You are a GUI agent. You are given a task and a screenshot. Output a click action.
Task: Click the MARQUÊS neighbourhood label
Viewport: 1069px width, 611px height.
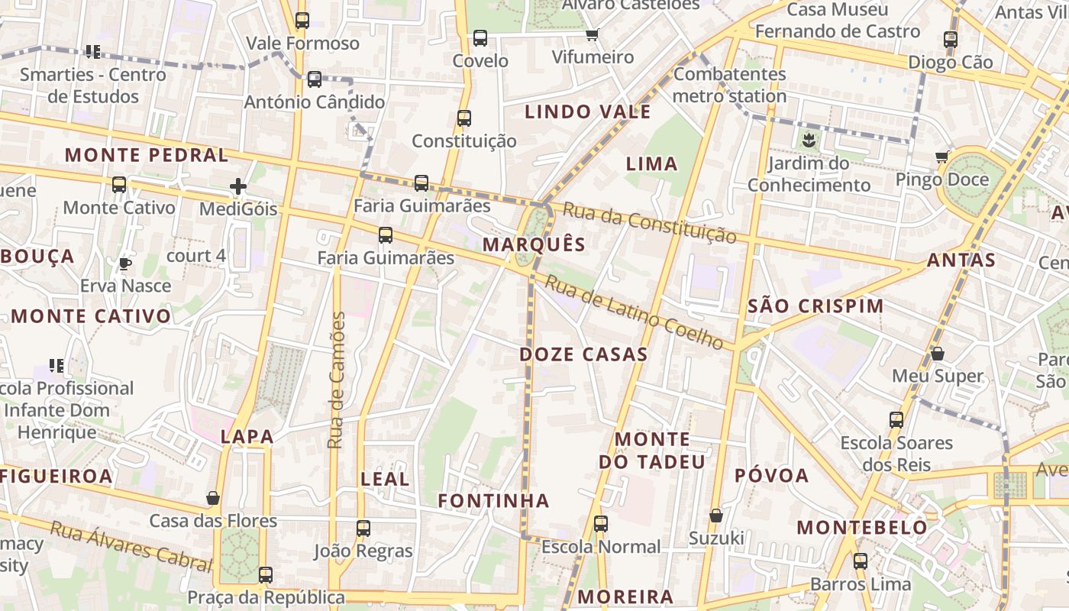pos(534,244)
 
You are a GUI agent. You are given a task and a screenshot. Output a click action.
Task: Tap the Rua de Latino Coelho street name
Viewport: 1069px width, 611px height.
pos(634,312)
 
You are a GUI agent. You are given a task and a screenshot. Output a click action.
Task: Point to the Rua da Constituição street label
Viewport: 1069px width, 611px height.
pos(649,222)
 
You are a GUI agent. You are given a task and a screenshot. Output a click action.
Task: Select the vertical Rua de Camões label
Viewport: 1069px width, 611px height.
pos(336,380)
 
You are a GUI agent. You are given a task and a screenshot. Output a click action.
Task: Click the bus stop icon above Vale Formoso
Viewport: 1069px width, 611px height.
pos(302,21)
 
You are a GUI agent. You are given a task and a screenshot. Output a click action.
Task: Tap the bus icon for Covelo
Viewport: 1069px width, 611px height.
pos(480,38)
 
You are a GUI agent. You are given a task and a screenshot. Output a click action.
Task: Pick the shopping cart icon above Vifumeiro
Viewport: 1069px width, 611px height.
pos(593,34)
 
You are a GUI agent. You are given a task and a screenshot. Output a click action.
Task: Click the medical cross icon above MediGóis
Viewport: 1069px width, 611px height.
pos(238,186)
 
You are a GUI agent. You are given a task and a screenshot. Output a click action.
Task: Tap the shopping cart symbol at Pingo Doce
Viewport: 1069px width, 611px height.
pos(941,157)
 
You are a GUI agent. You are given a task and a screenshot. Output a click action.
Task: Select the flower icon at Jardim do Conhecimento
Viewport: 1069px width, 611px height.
pos(809,141)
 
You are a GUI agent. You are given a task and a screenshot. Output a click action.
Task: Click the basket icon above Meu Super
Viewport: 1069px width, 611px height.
pos(938,354)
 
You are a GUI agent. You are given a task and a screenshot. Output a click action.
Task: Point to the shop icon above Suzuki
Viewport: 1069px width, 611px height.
pos(716,516)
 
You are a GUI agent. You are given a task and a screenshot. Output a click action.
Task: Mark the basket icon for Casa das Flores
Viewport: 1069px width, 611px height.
pos(213,499)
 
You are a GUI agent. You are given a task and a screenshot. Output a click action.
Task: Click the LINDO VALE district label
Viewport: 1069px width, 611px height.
pos(588,112)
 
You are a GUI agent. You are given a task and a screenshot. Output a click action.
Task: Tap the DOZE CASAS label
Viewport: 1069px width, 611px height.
pos(583,354)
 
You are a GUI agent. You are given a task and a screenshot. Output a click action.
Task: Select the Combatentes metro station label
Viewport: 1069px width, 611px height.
pos(729,85)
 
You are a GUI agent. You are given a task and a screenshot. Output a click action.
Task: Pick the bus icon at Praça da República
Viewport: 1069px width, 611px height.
pos(266,575)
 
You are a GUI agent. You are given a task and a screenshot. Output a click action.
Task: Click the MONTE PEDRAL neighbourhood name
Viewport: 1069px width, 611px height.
pos(146,155)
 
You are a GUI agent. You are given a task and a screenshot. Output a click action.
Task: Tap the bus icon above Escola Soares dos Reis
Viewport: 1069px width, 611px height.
pos(896,420)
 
